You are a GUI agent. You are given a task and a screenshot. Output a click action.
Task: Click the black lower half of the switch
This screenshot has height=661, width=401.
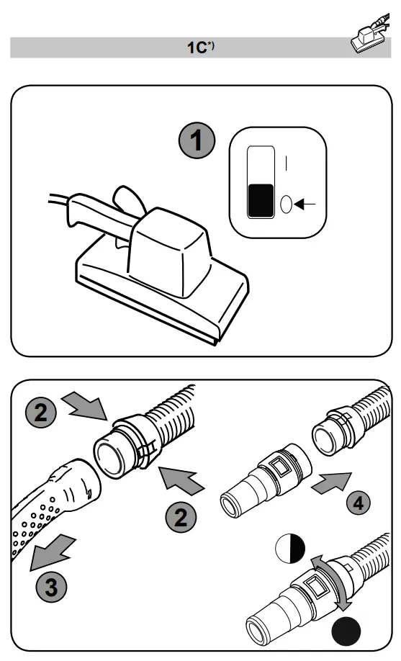click(260, 201)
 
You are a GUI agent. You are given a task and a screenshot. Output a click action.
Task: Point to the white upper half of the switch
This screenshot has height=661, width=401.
click(260, 164)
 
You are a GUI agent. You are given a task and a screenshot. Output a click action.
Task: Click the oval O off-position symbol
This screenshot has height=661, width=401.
click(286, 204)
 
